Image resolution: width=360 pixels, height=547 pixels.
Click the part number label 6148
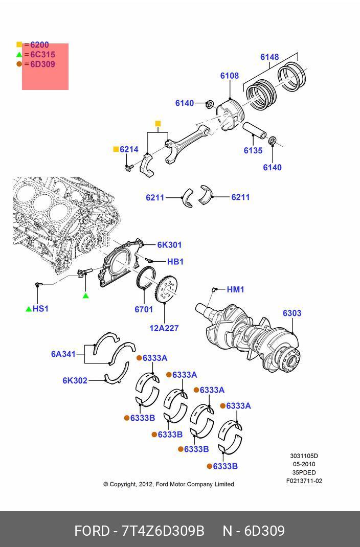tap(269, 57)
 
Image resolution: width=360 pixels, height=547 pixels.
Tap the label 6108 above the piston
tap(230, 76)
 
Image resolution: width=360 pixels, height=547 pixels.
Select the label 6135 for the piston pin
tap(253, 150)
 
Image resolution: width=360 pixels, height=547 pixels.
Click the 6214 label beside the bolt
tap(129, 149)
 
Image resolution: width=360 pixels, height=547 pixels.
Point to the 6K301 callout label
tap(169, 245)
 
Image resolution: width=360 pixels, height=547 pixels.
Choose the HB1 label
tap(175, 262)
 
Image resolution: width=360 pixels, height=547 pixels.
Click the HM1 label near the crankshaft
tap(235, 289)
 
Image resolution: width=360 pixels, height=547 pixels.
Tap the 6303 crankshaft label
tap(292, 313)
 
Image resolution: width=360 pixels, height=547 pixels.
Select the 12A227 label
tap(164, 328)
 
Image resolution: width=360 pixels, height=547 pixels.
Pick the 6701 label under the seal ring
tap(144, 309)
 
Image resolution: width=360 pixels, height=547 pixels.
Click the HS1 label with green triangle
tap(40, 309)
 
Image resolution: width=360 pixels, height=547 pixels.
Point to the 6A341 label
tap(63, 354)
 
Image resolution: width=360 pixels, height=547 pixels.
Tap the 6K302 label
tap(75, 380)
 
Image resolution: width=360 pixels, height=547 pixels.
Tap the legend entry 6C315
tap(42, 55)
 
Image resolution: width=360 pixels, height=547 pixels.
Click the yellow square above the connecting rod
tap(158, 124)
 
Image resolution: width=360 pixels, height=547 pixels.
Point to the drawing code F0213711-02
tap(304, 481)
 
